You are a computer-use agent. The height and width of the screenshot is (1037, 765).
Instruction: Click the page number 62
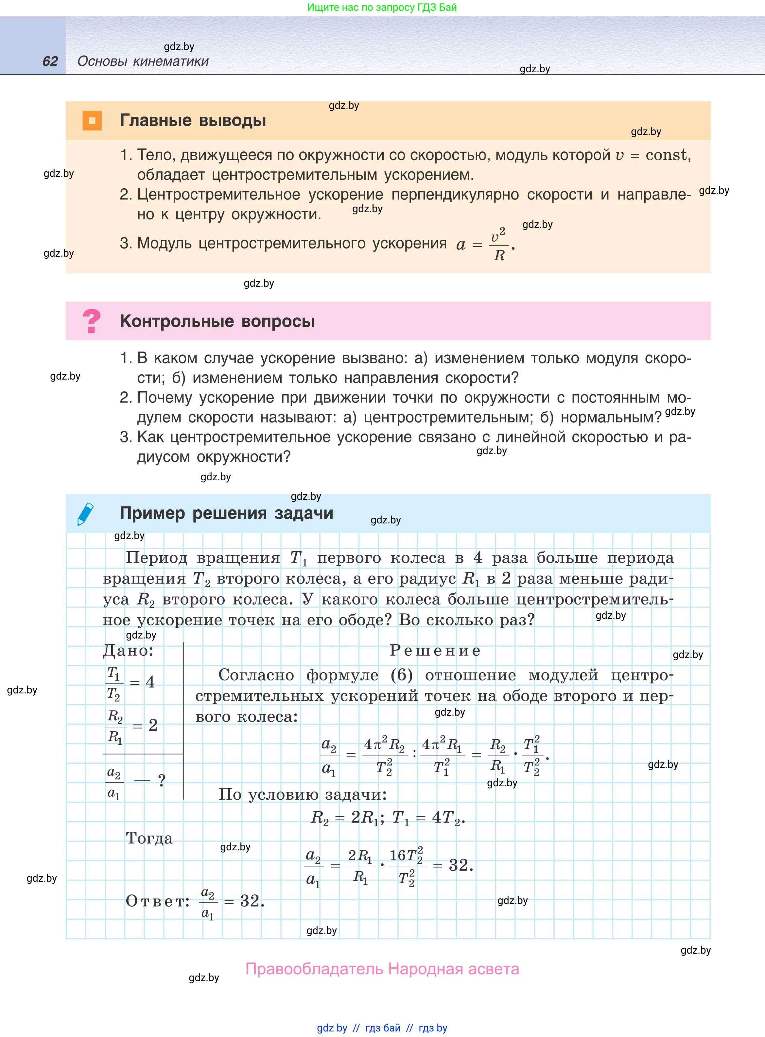[50, 61]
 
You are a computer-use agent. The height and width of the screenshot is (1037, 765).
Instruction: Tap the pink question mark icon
[91, 321]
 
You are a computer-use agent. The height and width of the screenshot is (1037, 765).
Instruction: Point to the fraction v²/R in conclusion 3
[499, 244]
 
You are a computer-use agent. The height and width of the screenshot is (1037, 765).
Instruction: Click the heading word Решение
[435, 650]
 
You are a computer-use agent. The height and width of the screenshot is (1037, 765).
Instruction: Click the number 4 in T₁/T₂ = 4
[150, 682]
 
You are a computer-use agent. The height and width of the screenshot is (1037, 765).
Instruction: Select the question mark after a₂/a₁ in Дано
[162, 781]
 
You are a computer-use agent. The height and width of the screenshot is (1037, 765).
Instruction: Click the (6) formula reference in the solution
[402, 675]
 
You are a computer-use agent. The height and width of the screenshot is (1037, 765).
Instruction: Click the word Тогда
[149, 838]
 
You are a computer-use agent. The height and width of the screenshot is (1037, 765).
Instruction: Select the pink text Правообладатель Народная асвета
[382, 969]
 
